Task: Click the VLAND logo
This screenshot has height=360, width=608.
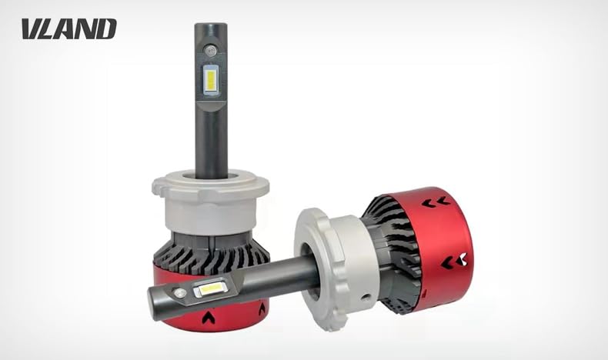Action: point(69,28)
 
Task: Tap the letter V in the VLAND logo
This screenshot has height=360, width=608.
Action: point(31,28)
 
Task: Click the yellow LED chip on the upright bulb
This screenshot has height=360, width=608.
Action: point(211,81)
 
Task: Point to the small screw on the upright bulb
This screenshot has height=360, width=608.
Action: point(211,49)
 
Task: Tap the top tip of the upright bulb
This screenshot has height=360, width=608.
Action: point(211,24)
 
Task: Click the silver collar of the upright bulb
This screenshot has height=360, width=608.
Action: point(211,203)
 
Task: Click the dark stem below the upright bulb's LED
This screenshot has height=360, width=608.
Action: point(211,143)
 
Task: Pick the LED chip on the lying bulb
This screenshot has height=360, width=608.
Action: point(210,288)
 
